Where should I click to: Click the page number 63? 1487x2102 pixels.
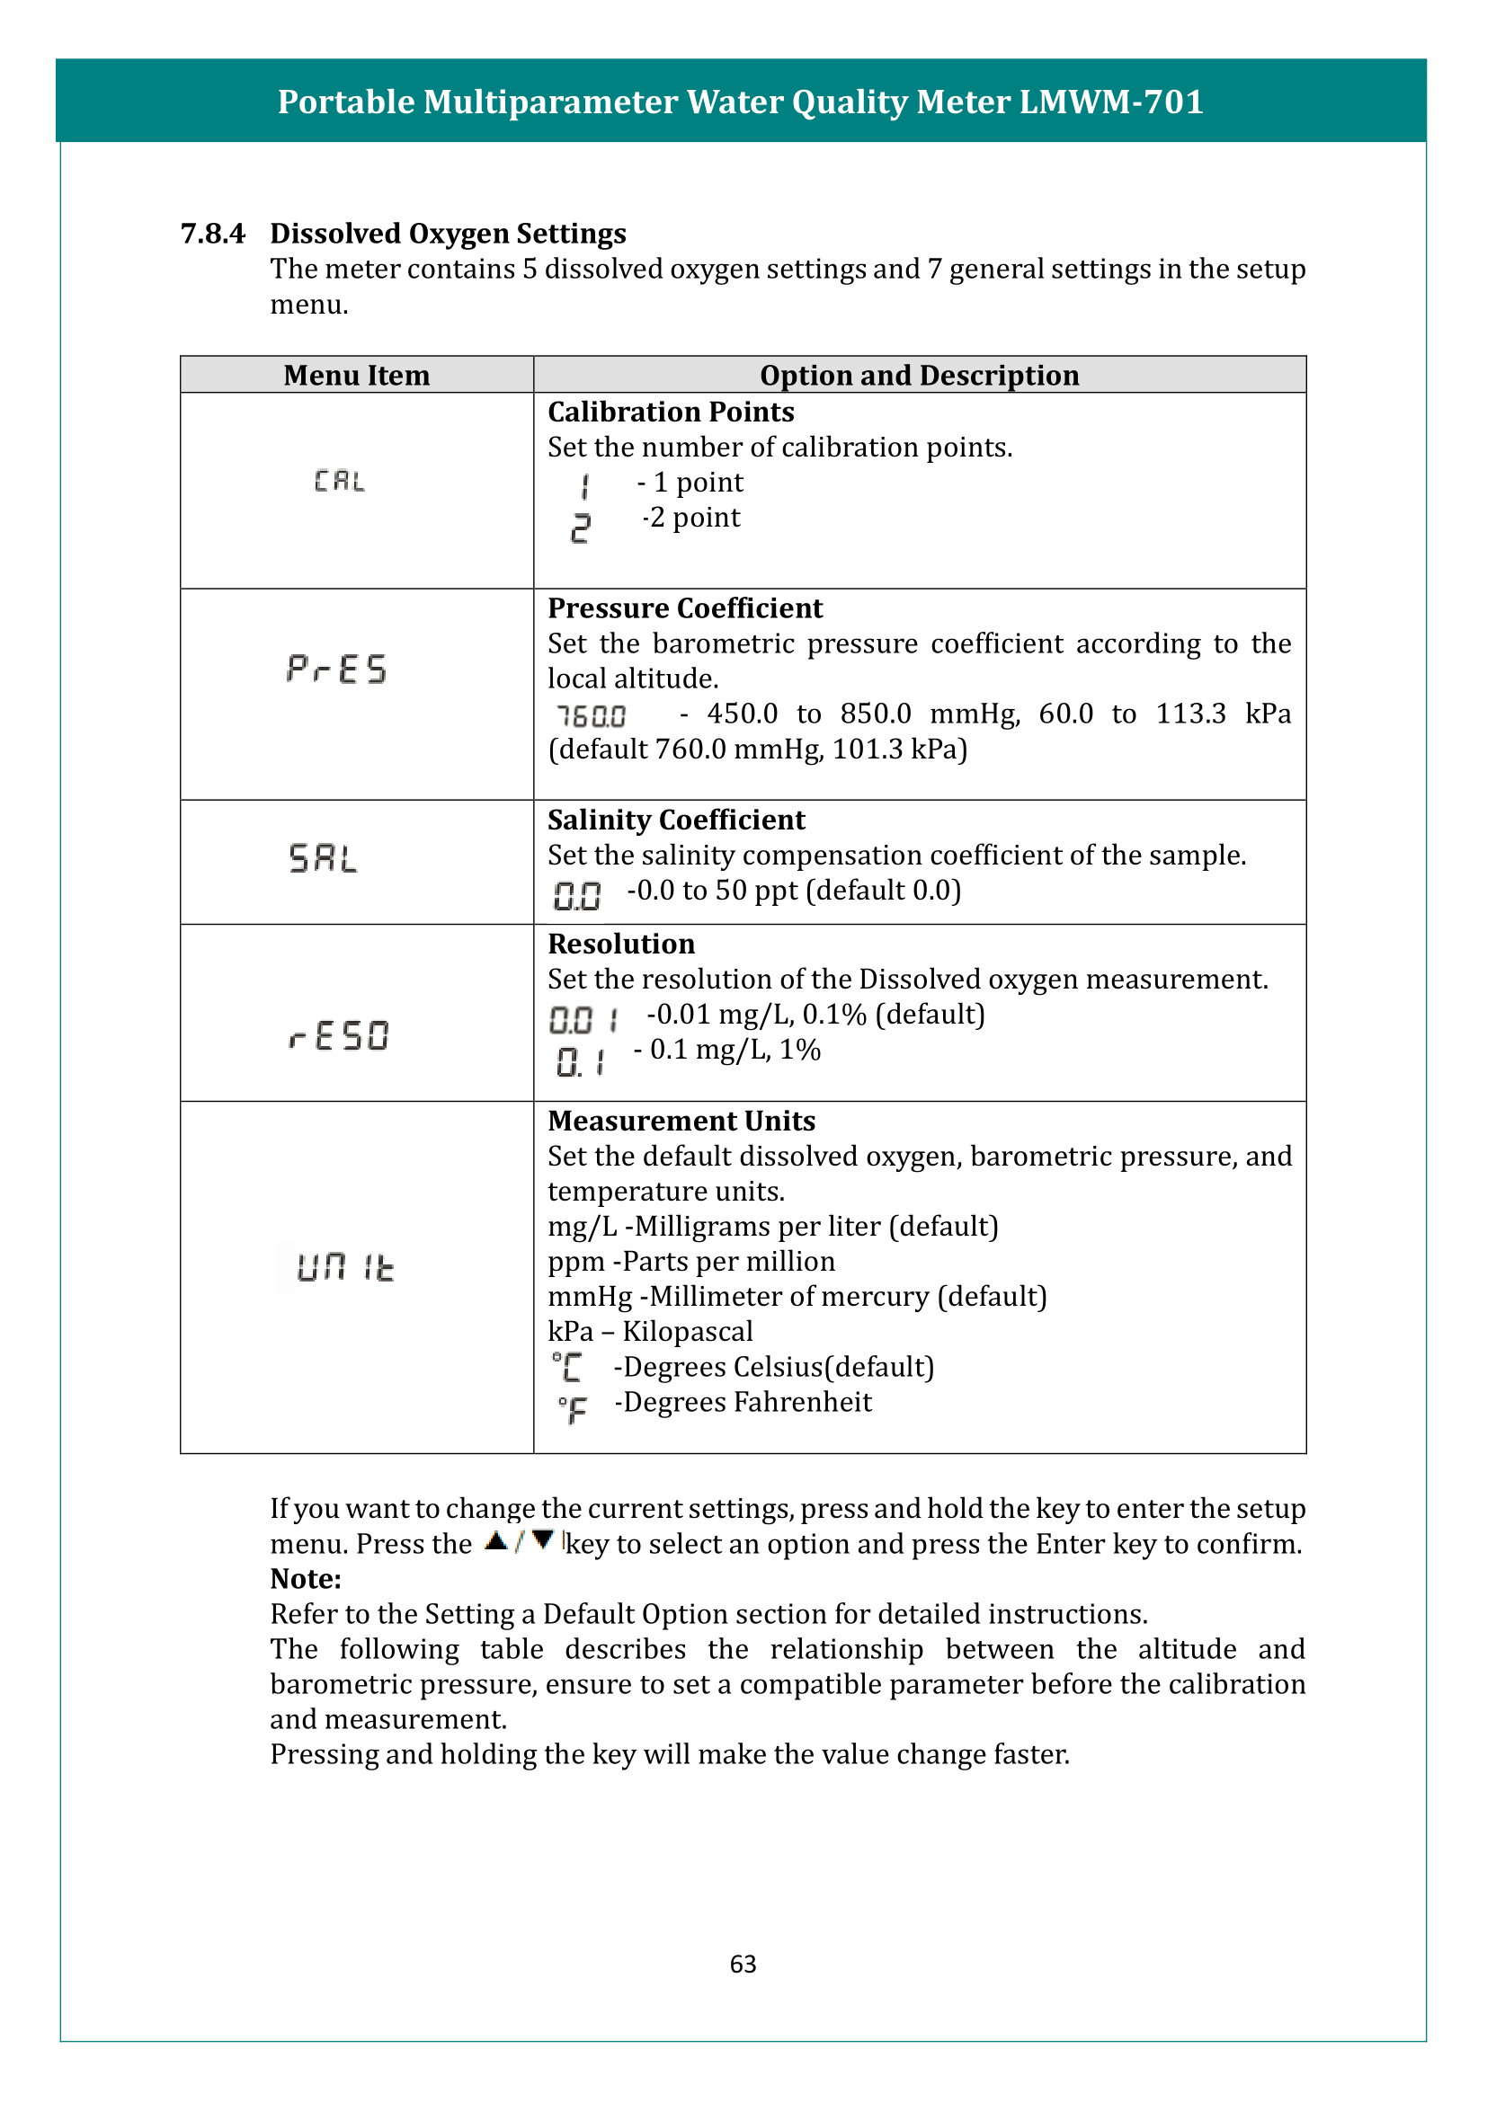coord(743,1964)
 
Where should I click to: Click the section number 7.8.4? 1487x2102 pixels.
coord(212,234)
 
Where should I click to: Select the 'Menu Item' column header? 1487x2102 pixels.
coord(356,376)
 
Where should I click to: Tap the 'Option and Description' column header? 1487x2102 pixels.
coord(919,376)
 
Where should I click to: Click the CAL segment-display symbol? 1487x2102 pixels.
coord(339,481)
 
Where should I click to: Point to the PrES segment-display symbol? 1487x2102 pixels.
coord(337,670)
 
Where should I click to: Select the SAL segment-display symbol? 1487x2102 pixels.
coord(324,858)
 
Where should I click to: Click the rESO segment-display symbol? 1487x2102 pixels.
coord(339,1035)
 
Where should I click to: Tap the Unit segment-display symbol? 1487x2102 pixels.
coord(345,1267)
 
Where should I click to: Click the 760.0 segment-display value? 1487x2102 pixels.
coord(592,716)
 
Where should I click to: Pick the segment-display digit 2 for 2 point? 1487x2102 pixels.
coord(581,528)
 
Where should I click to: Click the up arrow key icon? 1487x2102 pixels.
coord(496,1541)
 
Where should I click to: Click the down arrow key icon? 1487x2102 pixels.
coord(542,1541)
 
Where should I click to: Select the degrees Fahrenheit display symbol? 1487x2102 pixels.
coord(574,1408)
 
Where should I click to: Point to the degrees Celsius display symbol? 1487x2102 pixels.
coord(567,1368)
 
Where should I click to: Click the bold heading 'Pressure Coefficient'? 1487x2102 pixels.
coord(685,608)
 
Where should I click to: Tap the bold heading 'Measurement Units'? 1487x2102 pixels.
coord(681,1122)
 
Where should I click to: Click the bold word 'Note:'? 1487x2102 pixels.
coord(305,1579)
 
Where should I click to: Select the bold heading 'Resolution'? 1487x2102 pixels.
coord(621,944)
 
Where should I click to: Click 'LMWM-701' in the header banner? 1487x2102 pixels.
coord(1110,102)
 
